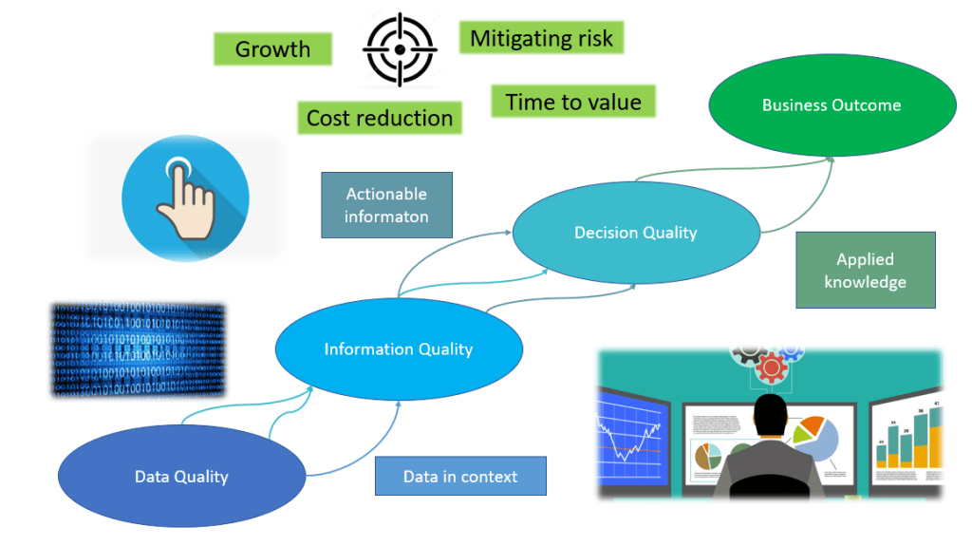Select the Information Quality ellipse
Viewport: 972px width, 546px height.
click(x=398, y=349)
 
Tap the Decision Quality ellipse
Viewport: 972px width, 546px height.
click(x=635, y=233)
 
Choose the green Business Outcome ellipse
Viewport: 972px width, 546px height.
click(x=832, y=105)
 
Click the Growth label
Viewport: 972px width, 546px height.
click(x=272, y=49)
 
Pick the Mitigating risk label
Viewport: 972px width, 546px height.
click(x=542, y=39)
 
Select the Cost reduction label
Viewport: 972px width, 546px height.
click(x=379, y=119)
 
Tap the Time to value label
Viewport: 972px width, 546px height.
click(x=573, y=103)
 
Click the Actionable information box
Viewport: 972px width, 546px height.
click(x=386, y=205)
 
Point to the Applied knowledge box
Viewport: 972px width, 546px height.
click(x=865, y=271)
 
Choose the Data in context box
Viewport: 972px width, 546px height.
click(x=460, y=477)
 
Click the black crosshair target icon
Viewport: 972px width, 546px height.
click(x=400, y=49)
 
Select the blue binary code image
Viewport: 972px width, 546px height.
click(x=138, y=348)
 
